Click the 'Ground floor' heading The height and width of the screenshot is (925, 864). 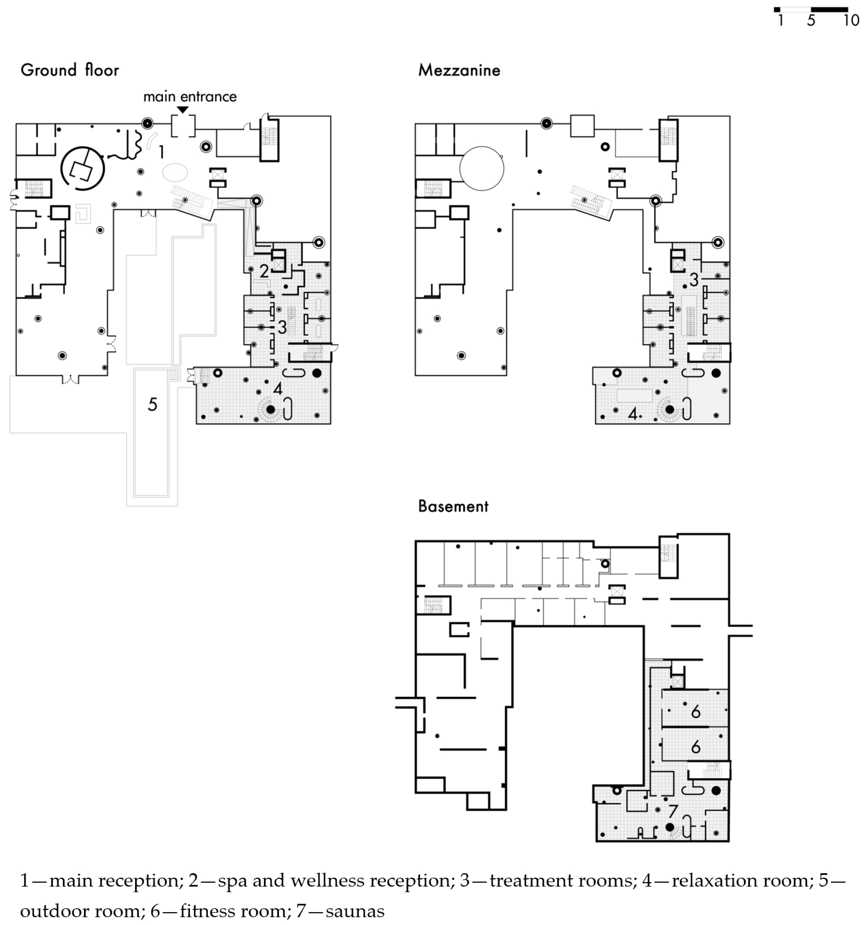70,70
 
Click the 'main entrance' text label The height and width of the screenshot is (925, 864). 190,97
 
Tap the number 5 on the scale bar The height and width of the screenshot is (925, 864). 811,20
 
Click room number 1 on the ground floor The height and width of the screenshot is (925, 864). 161,152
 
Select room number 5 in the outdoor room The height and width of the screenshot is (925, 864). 152,404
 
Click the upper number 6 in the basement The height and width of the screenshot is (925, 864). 695,711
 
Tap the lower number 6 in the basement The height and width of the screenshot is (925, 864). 695,747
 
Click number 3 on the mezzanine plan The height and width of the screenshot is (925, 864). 694,280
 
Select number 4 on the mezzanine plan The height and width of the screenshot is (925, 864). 632,413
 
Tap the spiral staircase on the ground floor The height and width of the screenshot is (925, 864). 270,409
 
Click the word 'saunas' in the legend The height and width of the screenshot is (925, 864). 355,911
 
